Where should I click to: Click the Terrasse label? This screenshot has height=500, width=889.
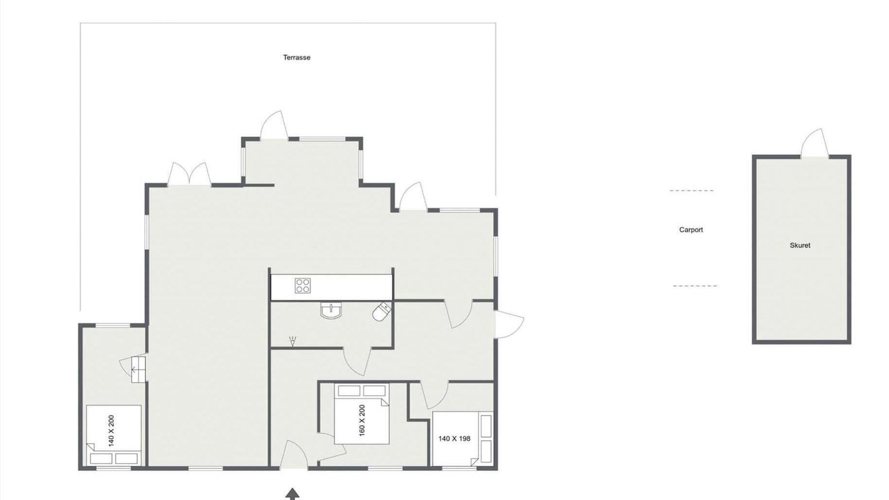[297, 58]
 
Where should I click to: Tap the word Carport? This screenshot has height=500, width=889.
[691, 230]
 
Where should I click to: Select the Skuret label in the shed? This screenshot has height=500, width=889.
[800, 245]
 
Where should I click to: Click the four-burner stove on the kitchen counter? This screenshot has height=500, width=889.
[303, 285]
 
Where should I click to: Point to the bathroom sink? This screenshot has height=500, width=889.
[331, 310]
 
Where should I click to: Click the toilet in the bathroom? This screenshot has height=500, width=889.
[382, 312]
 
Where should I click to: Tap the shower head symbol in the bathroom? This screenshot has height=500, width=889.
[293, 341]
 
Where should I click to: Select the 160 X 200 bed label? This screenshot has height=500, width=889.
[362, 420]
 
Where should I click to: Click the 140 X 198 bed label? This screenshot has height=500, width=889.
[454, 438]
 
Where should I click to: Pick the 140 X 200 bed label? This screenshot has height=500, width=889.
[111, 431]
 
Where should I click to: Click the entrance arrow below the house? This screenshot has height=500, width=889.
[292, 493]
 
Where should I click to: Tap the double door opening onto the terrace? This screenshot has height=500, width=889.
[190, 174]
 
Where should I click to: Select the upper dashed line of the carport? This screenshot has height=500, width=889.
[691, 191]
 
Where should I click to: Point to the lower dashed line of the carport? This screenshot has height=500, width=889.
[695, 285]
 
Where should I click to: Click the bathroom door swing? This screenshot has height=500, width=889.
[356, 361]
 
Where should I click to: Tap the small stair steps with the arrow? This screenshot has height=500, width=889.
[138, 369]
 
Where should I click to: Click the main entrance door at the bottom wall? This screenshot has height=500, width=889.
[294, 455]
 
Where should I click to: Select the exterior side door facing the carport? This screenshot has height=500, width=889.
[509, 324]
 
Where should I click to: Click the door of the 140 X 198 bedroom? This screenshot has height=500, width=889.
[435, 395]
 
